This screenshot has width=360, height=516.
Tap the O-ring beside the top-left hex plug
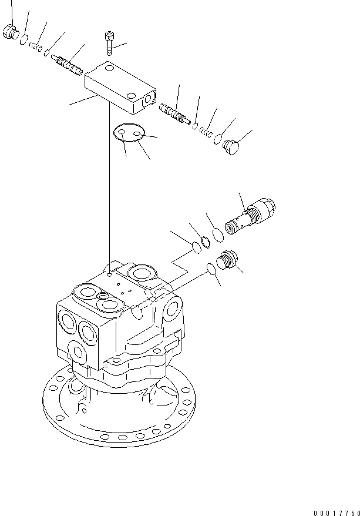click(23, 41)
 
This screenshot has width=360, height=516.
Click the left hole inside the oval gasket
click(120, 134)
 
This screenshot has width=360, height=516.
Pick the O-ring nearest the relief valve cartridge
click(217, 234)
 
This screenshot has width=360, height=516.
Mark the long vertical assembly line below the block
click(109, 188)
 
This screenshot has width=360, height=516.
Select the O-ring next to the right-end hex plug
click(218, 140)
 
